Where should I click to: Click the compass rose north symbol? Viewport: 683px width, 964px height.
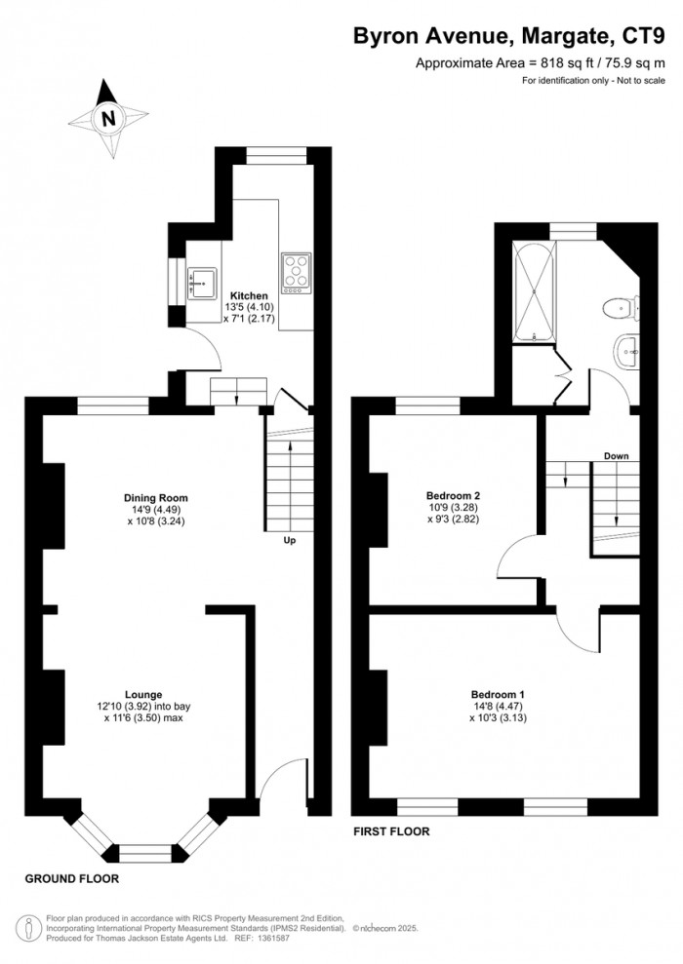click(x=108, y=119)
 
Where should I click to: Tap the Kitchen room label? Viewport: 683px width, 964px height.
click(x=248, y=295)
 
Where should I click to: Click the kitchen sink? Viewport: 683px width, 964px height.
click(x=201, y=279)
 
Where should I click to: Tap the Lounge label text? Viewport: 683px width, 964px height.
click(x=142, y=694)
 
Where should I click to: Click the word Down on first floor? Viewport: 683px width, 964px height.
click(x=615, y=456)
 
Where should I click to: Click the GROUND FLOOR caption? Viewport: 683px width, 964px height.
click(x=72, y=878)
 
